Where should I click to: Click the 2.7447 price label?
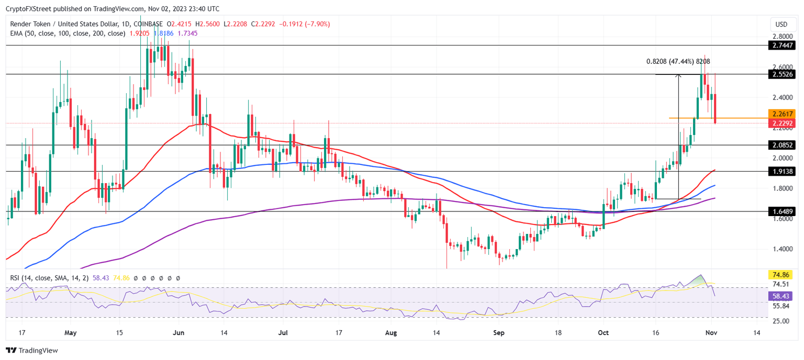[781, 46]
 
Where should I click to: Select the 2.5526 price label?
[781, 74]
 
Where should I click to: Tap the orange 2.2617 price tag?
[781, 114]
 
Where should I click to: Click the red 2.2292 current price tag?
[781, 123]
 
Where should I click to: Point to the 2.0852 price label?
[781, 145]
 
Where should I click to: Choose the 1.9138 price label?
[781, 171]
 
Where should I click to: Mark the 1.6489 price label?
[781, 211]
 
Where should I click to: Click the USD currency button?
[781, 24]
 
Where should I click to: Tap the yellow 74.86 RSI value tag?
[781, 274]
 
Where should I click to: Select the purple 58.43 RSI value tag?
[781, 296]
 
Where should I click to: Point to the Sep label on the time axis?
[498, 332]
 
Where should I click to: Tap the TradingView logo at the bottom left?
[32, 351]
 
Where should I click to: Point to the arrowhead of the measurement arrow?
[679, 76]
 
